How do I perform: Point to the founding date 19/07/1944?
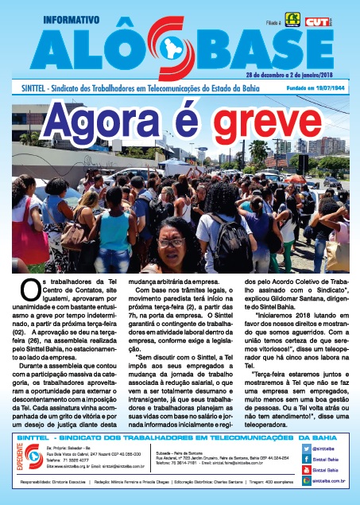click(329, 87)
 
